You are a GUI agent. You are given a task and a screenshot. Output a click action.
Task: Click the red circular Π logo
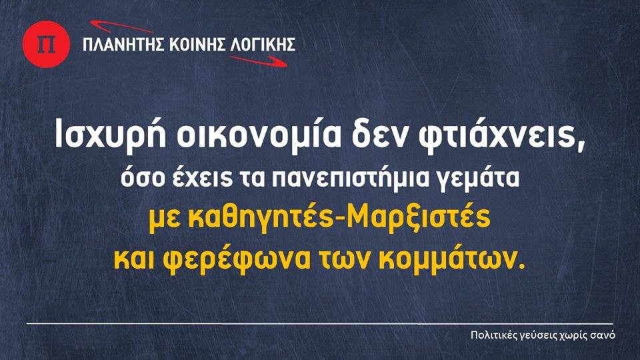pos(46,44)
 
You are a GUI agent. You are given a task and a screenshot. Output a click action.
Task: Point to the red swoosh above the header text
pos(121,27)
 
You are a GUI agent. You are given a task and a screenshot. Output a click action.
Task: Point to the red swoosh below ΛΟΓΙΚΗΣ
pos(259,61)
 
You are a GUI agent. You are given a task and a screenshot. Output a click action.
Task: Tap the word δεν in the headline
pos(379,134)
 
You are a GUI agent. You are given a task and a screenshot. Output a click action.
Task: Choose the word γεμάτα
pos(479,179)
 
